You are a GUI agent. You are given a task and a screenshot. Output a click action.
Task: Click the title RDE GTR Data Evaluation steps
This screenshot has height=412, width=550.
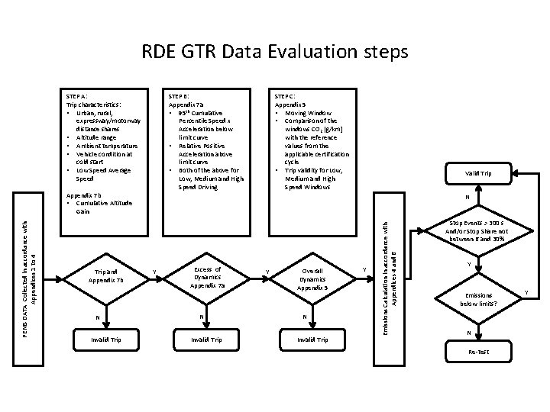275,52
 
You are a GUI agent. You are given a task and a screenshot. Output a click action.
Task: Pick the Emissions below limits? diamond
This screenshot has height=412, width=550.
479,299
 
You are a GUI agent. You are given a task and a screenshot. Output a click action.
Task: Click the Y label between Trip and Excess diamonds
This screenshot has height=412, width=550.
155,271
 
